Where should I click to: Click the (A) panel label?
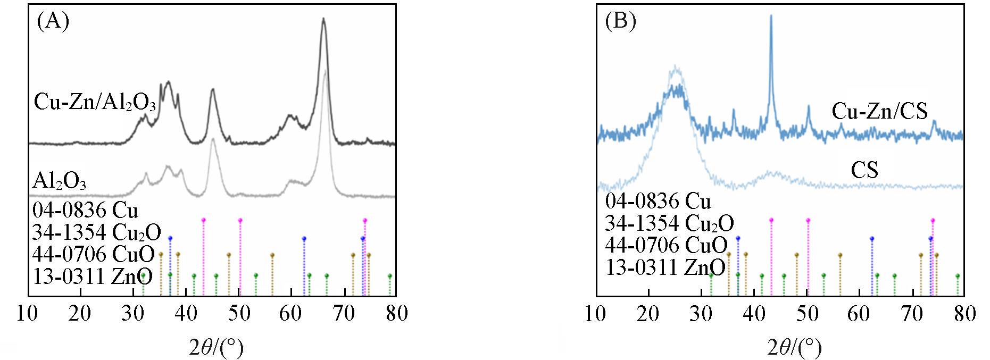[53, 22]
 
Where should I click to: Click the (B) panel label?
[621, 22]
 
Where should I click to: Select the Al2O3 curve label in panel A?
[59, 181]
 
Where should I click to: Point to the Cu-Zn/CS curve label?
[879, 111]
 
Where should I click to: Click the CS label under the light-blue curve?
[864, 170]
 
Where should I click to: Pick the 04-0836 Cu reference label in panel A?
[85, 211]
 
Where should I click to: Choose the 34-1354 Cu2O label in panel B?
[669, 223]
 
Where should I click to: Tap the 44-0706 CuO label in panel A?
[94, 254]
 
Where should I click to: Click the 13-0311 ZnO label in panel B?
[665, 267]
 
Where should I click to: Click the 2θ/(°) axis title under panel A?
[217, 348]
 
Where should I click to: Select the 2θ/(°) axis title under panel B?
[794, 348]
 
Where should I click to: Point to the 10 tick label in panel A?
[27, 313]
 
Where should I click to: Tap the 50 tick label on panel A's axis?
[239, 313]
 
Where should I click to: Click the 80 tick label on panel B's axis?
[963, 313]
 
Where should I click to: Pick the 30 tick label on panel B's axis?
[701, 313]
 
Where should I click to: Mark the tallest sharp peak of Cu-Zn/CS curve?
[771, 16]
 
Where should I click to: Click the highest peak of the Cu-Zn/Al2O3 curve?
[323, 19]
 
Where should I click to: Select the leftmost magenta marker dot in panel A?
[204, 220]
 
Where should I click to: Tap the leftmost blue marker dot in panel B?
[738, 238]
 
